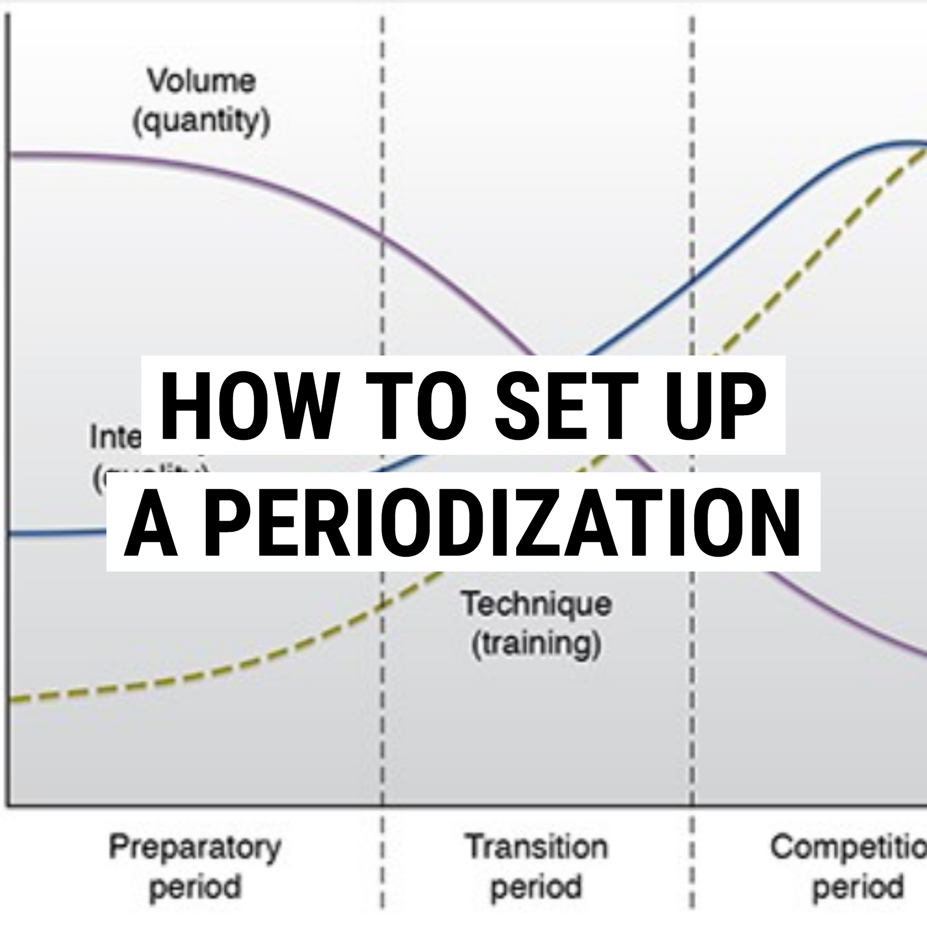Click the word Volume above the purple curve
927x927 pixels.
coord(201,81)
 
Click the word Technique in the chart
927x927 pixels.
coord(536,603)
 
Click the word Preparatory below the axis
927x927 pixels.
coord(195,847)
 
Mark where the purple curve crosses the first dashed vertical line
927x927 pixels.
coord(382,235)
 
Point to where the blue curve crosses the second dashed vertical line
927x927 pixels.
coord(692,280)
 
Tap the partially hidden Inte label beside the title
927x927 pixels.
coord(115,438)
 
